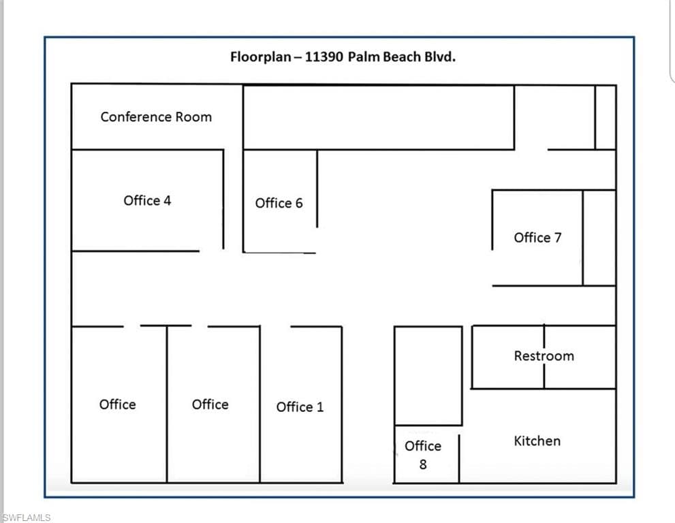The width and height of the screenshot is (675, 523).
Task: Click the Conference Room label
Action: coord(156,116)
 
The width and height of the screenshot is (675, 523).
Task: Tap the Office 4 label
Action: coord(147,201)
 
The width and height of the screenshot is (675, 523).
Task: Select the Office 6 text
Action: coord(279,203)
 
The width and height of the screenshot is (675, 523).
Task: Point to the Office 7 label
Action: coord(537,238)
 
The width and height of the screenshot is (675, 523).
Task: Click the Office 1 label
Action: coord(300,407)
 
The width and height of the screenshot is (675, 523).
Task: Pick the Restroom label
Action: coord(544,356)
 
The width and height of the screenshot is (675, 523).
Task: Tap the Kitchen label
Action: coord(537,441)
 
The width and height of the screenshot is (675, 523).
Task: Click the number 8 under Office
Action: coord(423,464)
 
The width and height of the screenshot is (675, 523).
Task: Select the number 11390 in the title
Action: coord(324,57)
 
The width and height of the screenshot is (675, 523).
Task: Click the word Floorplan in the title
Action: coord(261,57)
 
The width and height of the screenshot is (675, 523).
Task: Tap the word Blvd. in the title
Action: coord(440,57)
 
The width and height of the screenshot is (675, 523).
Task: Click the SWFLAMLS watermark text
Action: coord(27,518)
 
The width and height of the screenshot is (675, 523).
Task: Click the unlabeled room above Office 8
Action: coord(428,376)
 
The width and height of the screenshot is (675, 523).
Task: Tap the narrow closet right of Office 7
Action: coord(599,238)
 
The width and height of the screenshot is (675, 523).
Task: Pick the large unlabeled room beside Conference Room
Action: coord(379,118)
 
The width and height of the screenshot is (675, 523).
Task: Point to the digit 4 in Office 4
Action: coord(167,201)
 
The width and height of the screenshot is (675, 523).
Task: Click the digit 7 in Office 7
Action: coord(558,238)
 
